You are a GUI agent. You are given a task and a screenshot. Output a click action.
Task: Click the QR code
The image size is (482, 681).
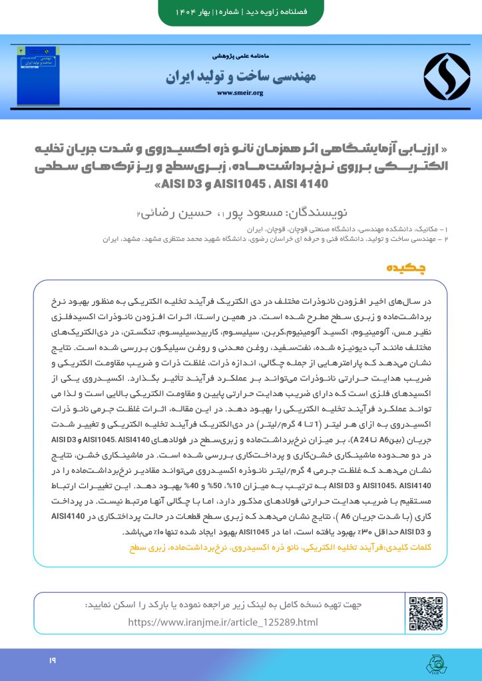(425, 613)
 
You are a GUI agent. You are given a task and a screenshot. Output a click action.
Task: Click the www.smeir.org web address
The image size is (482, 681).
(240, 93)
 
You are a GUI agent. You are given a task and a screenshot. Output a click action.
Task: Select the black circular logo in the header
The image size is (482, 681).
(447, 76)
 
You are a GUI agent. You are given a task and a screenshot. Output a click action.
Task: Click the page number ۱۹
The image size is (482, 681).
(51, 660)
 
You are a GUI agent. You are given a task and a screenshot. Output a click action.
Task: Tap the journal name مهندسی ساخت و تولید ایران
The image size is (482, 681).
(240, 76)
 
